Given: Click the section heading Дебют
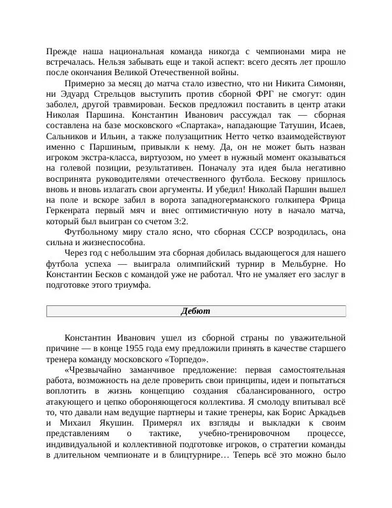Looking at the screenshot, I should (x=196, y=311).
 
